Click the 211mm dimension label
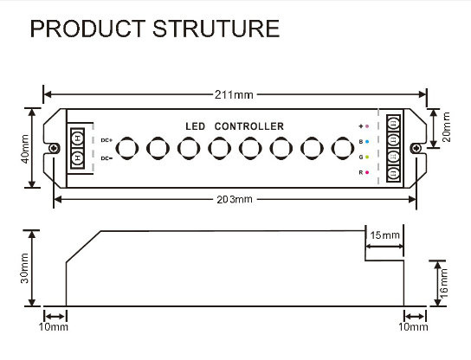234,95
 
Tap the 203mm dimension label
235,199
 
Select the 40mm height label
25,149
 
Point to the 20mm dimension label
447,127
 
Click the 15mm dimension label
384,235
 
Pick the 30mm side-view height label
24,268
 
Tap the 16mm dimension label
443,284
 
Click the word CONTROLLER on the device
249,126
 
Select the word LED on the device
196,126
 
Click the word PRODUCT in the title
88,29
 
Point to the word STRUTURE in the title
216,29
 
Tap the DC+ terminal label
106,140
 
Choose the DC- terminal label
106,158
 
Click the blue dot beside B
367,141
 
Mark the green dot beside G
367,157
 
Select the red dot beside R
367,172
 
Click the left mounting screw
54,148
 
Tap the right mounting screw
416,148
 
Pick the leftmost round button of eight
127,148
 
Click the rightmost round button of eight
343,148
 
